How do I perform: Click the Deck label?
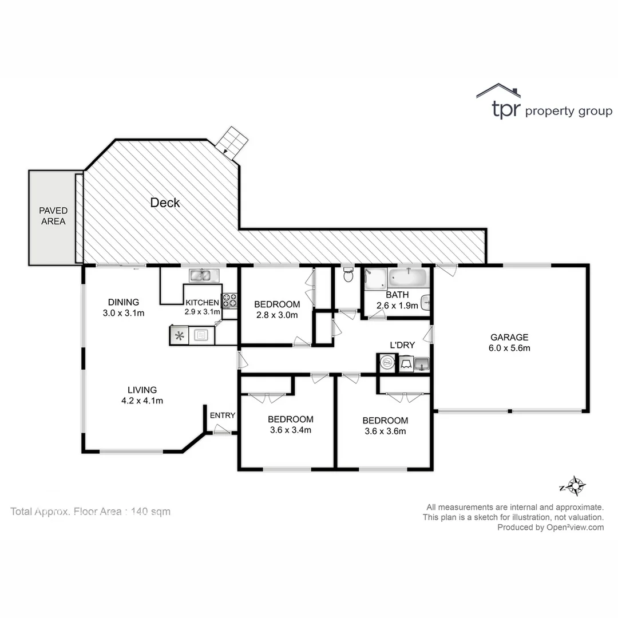(x=165, y=203)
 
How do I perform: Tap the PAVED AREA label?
(x=53, y=216)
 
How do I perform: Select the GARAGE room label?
(x=509, y=337)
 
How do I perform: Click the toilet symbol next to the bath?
(x=348, y=276)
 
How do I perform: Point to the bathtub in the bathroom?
(x=407, y=279)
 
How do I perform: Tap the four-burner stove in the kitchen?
(x=229, y=300)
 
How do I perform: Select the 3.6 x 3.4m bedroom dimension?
(x=290, y=430)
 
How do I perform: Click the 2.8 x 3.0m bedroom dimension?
(x=277, y=315)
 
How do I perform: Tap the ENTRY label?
(x=222, y=415)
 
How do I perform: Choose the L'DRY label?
(x=402, y=345)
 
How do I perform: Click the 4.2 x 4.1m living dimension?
(x=142, y=401)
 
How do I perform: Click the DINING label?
(x=124, y=302)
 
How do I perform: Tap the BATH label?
(x=397, y=295)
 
